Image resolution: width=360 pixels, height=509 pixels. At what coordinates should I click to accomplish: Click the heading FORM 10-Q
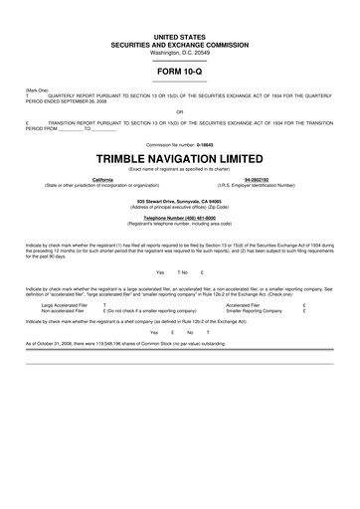[180, 73]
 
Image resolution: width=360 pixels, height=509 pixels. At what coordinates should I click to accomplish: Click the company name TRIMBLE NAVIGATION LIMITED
[180, 158]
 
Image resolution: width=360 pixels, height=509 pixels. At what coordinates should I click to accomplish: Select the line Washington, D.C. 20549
[180, 51]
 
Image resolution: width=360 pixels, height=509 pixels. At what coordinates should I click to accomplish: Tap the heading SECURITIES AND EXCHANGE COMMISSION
[180, 43]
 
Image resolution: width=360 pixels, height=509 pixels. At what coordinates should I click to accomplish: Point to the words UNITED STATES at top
[180, 35]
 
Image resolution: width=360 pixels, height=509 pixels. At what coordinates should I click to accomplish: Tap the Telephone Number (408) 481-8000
[180, 217]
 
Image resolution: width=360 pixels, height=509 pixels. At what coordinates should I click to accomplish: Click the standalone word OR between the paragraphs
[180, 111]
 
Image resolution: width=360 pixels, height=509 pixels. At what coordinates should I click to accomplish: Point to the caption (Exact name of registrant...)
[180, 169]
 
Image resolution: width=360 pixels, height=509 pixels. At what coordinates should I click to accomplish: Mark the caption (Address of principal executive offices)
[180, 206]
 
